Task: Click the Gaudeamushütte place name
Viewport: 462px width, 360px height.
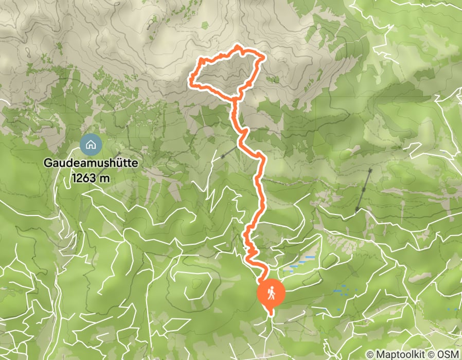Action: coord(91,164)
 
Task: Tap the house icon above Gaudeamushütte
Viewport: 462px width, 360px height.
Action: coord(91,145)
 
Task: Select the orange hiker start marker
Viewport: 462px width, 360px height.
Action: coord(271,292)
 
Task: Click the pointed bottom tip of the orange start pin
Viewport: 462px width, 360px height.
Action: coord(271,312)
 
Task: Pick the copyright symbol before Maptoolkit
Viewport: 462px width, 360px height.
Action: coord(371,354)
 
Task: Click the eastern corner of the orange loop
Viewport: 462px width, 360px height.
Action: coord(264,58)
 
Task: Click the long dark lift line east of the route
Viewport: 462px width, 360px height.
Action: coord(363,190)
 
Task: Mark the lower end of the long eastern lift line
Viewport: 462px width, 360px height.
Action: coord(357,211)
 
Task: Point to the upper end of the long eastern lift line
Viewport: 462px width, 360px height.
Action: coord(370,170)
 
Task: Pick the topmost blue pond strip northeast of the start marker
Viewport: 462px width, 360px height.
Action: coord(309,257)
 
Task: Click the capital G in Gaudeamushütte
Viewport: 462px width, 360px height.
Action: coord(47,164)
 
